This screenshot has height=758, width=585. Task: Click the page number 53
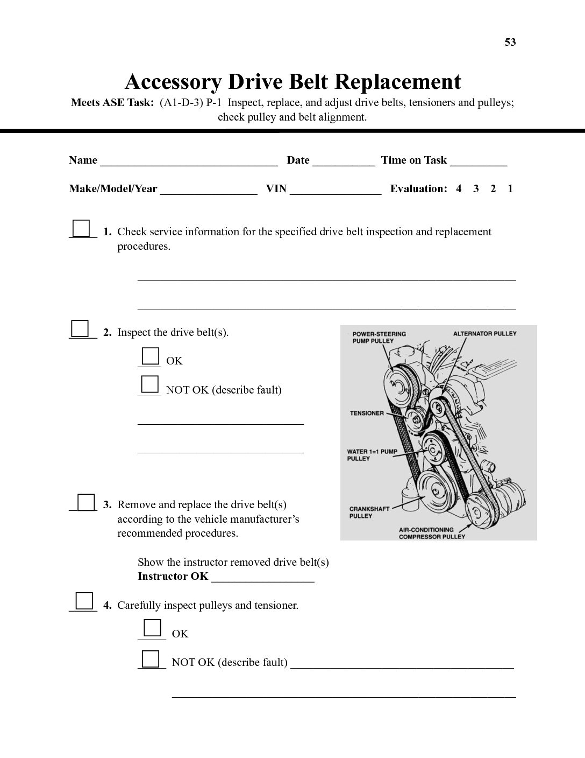click(510, 42)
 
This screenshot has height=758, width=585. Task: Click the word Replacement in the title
click(398, 82)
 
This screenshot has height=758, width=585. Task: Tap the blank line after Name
click(189, 160)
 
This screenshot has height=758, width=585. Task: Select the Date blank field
click(344, 160)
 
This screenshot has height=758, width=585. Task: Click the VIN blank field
click(336, 189)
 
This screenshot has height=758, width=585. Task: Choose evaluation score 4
click(459, 188)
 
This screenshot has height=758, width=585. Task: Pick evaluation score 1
click(510, 188)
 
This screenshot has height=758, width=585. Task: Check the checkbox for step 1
click(81, 228)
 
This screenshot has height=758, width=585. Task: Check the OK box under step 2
click(150, 357)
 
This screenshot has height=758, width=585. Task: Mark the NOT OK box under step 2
click(149, 385)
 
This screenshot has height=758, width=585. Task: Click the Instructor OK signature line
click(262, 577)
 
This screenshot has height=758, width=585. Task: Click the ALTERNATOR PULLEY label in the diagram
click(484, 333)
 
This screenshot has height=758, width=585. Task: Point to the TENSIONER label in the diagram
click(367, 413)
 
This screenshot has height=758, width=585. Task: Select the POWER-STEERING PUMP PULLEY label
click(379, 337)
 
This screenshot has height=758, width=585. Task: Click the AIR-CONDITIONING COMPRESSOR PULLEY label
click(431, 533)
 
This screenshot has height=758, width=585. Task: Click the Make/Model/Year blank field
click(208, 189)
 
